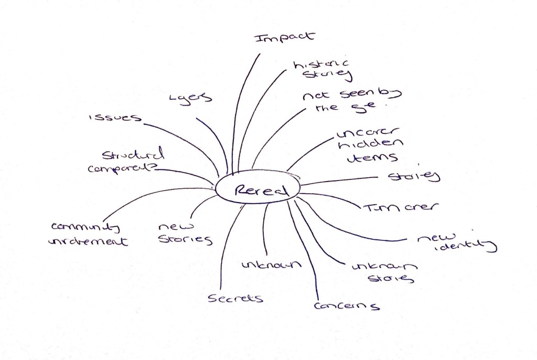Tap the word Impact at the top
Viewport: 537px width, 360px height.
[284, 38]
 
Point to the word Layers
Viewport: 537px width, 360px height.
[190, 98]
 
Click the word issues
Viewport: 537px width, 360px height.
[115, 118]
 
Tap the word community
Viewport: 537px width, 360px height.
[85, 227]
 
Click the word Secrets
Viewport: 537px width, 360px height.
[235, 298]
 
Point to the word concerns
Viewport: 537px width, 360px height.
[347, 305]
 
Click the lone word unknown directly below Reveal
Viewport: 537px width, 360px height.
[272, 264]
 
